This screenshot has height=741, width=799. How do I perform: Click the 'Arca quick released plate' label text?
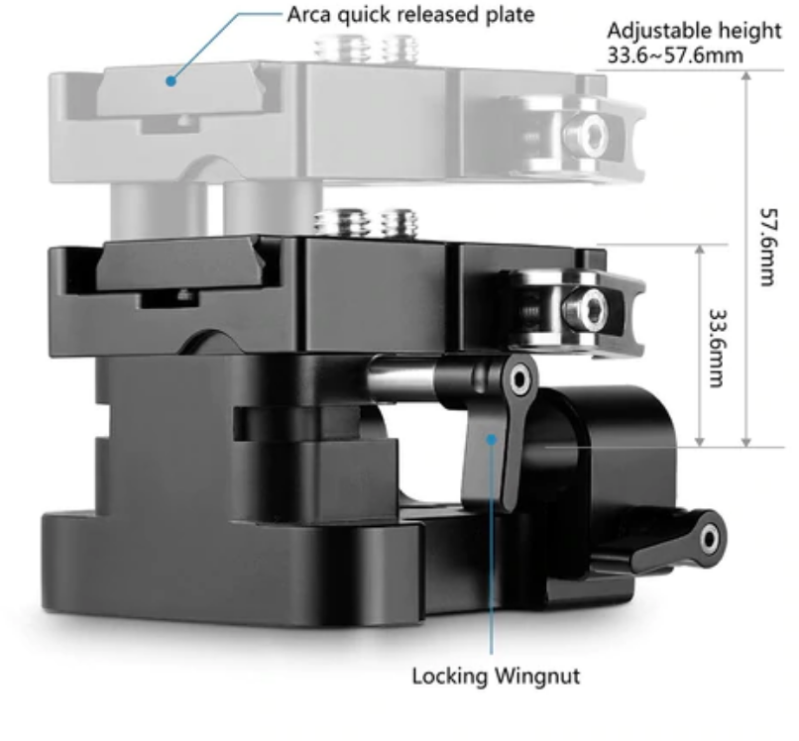coord(410,15)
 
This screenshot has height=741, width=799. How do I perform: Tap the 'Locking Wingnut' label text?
coord(496,677)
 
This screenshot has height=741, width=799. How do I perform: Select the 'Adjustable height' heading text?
coord(694,31)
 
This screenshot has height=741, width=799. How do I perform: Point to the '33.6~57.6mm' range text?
coord(675,55)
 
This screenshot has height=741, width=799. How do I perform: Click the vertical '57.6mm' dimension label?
coord(768,247)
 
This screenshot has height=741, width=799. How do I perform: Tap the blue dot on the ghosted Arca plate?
coord(171,80)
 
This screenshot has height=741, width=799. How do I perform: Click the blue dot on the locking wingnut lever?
coord(492,439)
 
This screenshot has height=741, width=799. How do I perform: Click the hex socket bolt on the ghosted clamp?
coord(586,134)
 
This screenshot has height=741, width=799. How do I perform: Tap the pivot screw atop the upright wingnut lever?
coord(519,379)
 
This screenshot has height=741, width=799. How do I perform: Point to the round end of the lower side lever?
coord(710,538)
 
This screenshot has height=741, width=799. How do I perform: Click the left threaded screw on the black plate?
coord(335,222)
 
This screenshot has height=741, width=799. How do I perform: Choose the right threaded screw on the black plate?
coord(399,223)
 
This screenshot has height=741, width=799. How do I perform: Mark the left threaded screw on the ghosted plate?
coord(335,48)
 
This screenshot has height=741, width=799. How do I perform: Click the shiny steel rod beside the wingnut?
coord(400,376)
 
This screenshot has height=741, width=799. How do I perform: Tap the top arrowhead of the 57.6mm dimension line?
coord(746,75)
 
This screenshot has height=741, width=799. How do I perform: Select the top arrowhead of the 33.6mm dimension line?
coord(699,249)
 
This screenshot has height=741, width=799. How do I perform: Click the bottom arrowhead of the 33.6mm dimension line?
coord(699,442)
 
